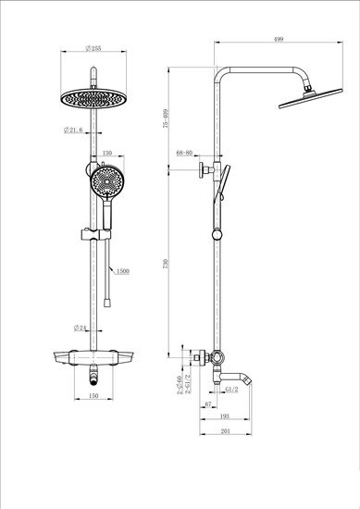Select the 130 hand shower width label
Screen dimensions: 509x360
(x=106, y=154)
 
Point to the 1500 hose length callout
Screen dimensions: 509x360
(x=122, y=271)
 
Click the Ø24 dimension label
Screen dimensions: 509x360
(x=81, y=327)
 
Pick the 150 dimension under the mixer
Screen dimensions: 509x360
(x=93, y=395)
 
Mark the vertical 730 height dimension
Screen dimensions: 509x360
(x=166, y=262)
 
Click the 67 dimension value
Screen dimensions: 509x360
(x=209, y=404)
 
